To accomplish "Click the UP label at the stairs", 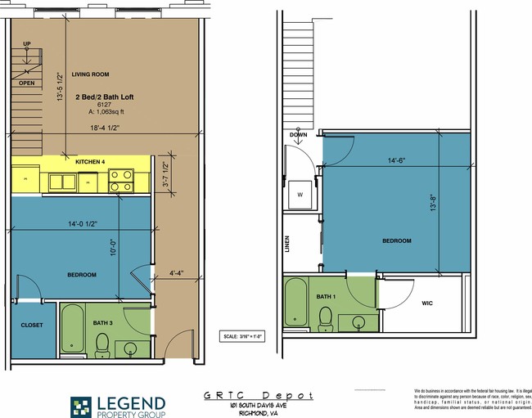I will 27,43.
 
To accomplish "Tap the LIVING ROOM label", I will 91,74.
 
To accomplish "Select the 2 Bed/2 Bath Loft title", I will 104,97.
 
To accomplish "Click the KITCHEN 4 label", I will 91,163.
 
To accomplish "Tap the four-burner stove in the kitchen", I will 122,179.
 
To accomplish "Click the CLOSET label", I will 32,326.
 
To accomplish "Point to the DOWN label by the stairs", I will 298,135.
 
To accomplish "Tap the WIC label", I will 427,303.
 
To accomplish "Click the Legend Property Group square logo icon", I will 82,407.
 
